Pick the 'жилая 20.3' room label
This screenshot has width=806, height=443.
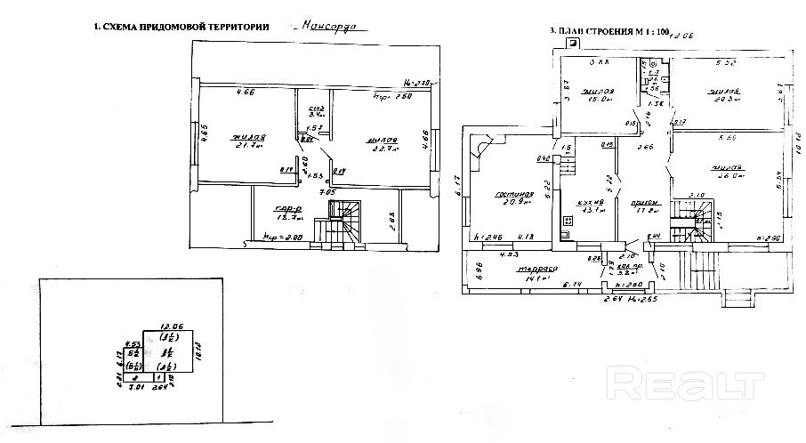coord(721,94)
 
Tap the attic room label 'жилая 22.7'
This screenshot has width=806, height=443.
coord(377,145)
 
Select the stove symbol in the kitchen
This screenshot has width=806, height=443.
coord(568,221)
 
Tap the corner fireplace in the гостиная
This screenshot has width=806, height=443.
coord(480,145)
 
